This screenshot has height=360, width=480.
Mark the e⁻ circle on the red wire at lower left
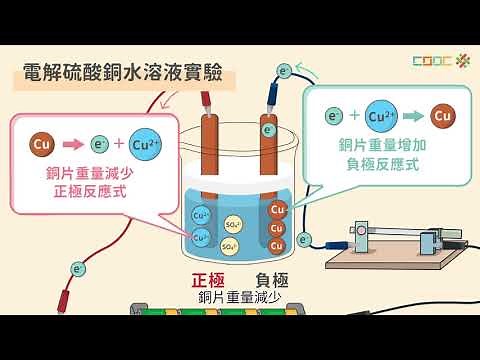(x=78, y=268)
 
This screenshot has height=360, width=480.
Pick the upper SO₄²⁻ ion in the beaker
(x=233, y=223)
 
